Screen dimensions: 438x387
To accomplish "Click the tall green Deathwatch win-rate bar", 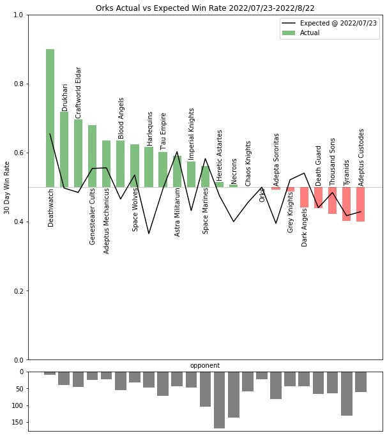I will (x=50, y=118).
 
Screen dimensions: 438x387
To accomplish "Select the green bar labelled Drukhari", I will (x=64, y=149).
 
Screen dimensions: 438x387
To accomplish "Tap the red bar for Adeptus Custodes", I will (x=361, y=204).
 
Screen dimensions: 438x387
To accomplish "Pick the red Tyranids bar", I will (x=347, y=204).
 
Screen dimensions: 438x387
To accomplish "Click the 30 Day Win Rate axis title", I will (x=7, y=187).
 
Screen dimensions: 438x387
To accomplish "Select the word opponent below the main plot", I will (x=205, y=365).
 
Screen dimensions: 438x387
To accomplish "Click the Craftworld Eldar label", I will (x=79, y=93).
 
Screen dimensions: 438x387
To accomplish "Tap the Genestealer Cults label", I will (x=93, y=216).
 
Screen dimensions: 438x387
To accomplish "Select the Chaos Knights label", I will (x=248, y=163).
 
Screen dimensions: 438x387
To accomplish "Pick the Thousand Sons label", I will (x=333, y=162).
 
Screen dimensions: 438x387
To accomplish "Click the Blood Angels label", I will (x=121, y=118).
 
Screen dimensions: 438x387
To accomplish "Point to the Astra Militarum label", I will (x=177, y=212).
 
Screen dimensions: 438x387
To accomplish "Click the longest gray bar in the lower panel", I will (x=219, y=400).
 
